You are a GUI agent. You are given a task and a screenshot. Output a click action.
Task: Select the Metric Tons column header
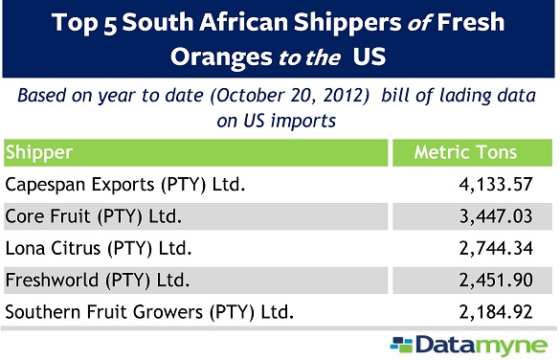click(x=465, y=152)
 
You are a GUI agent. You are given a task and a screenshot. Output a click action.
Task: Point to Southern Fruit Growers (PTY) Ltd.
click(x=147, y=312)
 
